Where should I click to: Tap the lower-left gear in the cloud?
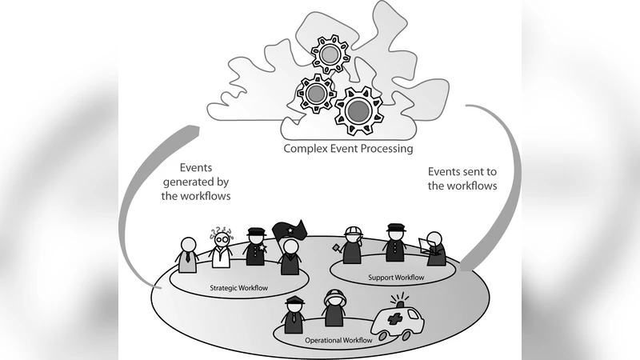[x=315, y=94]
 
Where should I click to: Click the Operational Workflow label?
[x=339, y=341]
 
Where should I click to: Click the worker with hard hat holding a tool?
[x=353, y=245]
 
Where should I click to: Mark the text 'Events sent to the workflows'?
[x=462, y=178]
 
